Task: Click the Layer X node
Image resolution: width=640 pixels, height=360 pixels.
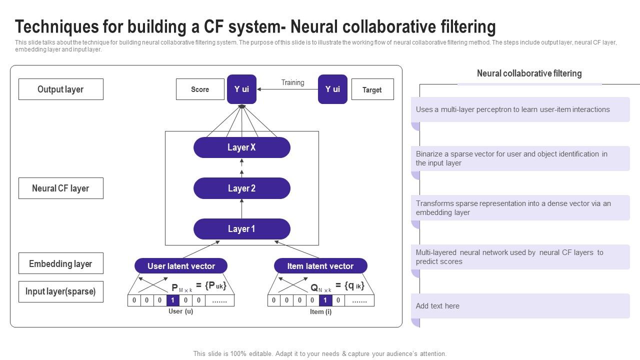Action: (x=241, y=147)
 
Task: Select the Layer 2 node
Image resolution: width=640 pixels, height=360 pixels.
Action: (x=241, y=188)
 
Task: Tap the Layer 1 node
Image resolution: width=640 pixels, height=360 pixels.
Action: (x=241, y=229)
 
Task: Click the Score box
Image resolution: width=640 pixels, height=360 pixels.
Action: (x=200, y=89)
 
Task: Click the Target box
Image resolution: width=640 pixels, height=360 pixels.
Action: (x=372, y=90)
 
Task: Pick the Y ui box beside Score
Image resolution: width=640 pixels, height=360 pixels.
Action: (x=241, y=89)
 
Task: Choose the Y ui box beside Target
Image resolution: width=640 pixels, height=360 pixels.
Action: (x=332, y=89)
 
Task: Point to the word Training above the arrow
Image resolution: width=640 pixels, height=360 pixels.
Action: (x=292, y=82)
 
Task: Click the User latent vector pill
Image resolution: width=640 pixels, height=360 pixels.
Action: (x=181, y=266)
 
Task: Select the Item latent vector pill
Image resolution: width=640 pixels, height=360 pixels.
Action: (x=320, y=266)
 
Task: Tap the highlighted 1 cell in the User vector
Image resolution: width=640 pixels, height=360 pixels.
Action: (x=172, y=300)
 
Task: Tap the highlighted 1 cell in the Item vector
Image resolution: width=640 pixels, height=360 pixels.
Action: (x=325, y=300)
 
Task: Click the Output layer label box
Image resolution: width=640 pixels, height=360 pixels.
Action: (x=61, y=89)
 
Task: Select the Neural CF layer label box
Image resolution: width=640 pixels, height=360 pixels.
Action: (x=61, y=188)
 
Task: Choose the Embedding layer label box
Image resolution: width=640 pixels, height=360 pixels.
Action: (x=61, y=263)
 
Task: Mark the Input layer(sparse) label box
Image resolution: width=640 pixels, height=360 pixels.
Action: (x=61, y=291)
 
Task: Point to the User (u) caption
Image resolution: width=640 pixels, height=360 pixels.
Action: (x=180, y=311)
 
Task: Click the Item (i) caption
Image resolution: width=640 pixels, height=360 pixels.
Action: (x=320, y=311)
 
